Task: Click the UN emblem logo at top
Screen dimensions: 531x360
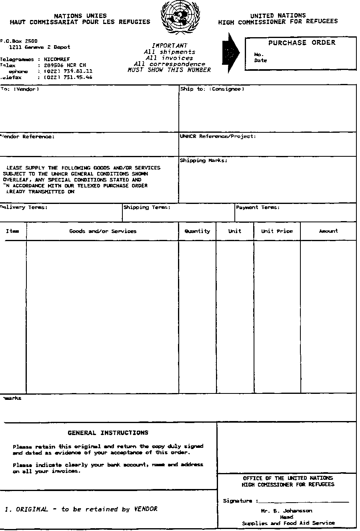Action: coord(180,18)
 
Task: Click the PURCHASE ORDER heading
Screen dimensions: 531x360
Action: coord(302,43)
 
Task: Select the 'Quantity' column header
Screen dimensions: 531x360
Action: coord(197,231)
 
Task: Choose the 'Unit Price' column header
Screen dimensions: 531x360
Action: coord(277,231)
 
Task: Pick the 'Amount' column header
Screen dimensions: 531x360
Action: coord(328,231)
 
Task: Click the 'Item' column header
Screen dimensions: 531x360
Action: coord(12,231)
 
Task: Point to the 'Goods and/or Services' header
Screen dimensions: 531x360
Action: coord(103,231)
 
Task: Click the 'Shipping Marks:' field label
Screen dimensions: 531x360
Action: coord(204,160)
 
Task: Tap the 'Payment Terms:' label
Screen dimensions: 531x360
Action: coord(258,208)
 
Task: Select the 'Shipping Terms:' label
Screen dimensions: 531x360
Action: coord(147,208)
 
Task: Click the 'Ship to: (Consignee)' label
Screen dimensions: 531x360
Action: coord(212,89)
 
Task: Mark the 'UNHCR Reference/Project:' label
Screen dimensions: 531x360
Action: coord(218,136)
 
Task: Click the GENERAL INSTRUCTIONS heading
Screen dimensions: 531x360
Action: coord(108,433)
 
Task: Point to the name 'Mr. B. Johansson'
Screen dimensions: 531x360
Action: coord(286,511)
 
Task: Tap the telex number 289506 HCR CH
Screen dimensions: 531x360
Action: coord(65,65)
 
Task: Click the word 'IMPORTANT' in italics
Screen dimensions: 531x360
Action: coord(170,46)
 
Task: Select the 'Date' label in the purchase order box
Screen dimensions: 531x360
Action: coord(260,61)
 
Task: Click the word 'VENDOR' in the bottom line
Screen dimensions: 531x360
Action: coord(146,509)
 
